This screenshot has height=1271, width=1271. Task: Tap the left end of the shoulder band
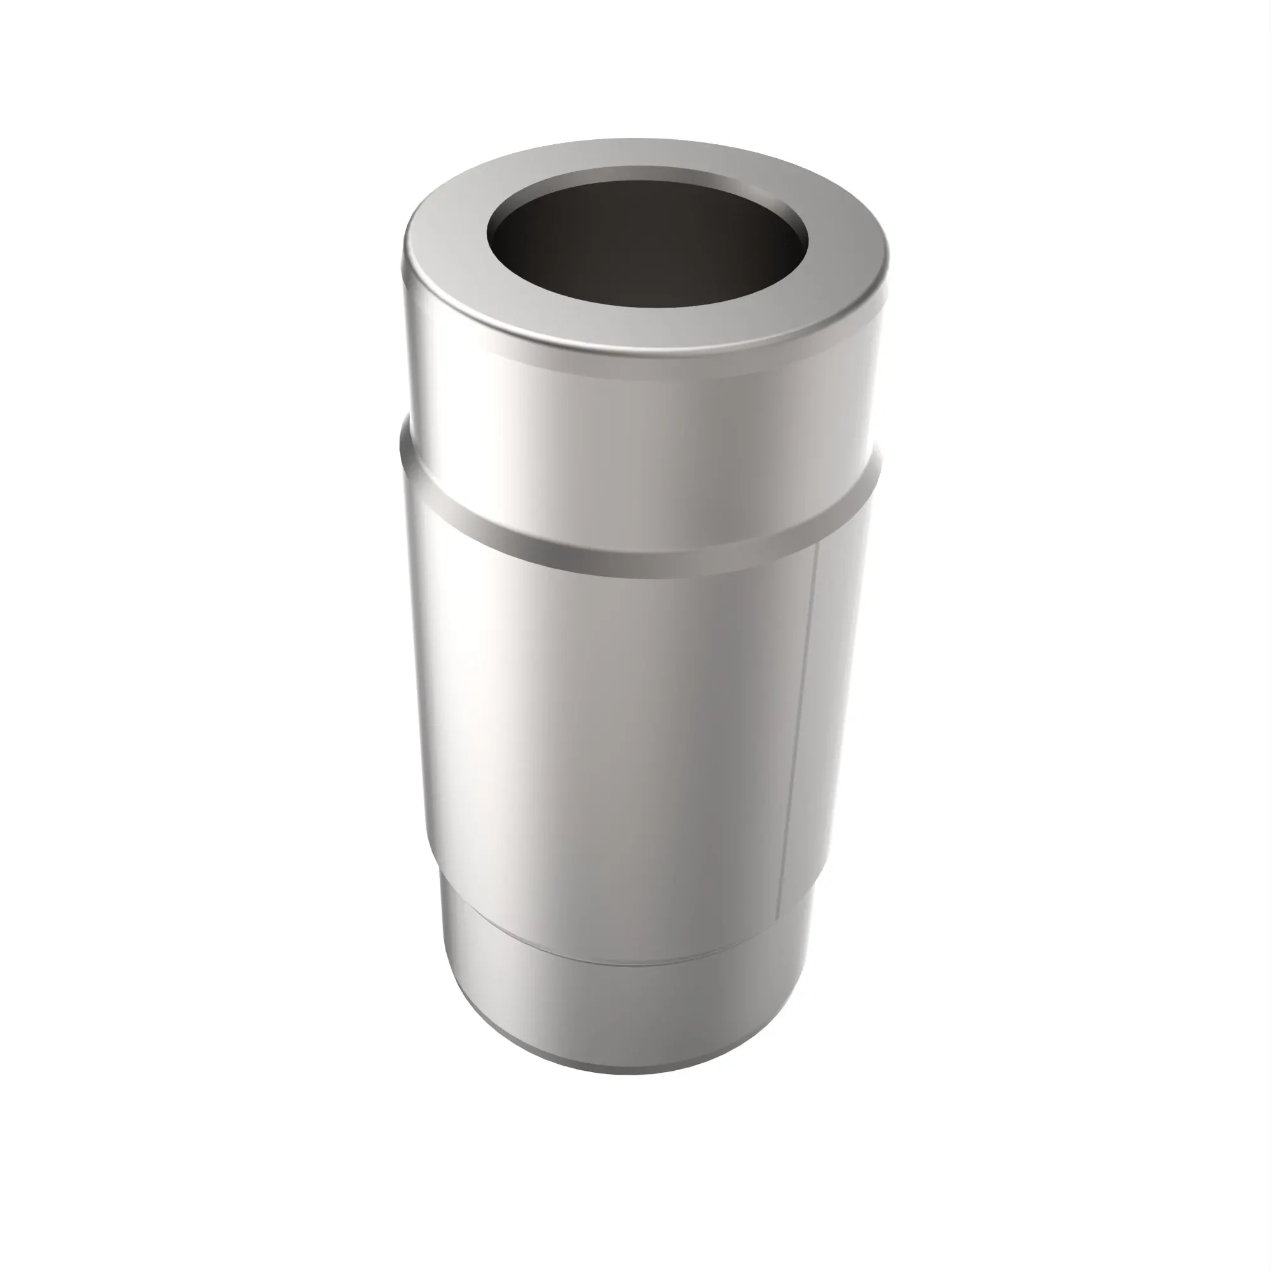411,461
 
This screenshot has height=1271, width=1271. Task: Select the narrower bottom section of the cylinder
632,1013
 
